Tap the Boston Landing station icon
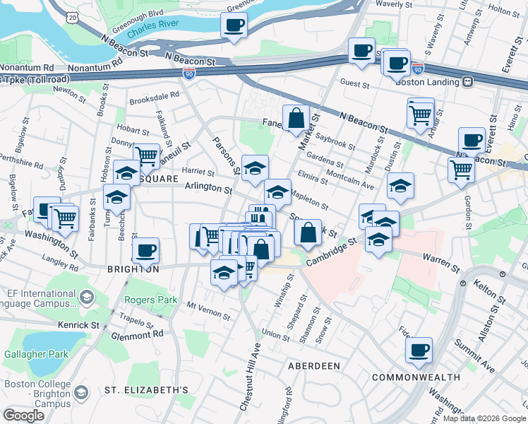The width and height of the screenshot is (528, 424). tap(467, 82)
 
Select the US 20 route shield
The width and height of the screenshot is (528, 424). tap(73, 16)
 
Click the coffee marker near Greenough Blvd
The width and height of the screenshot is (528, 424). tap(234, 26)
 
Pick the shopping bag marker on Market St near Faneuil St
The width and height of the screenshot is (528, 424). tap(296, 119)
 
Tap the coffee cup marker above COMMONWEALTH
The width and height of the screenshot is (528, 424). tap(419, 349)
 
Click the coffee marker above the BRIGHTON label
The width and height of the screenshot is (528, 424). tap(146, 250)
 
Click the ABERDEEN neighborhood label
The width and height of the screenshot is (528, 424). tap(314, 366)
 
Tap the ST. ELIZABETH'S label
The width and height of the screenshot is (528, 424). tap(146, 390)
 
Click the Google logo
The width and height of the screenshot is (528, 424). tap(23, 415)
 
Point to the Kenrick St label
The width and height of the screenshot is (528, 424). tap(80, 325)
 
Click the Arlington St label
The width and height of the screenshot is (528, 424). tap(208, 189)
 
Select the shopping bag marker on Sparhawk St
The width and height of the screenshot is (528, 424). tap(308, 232)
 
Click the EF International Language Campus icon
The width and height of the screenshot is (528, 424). tap(86, 297)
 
